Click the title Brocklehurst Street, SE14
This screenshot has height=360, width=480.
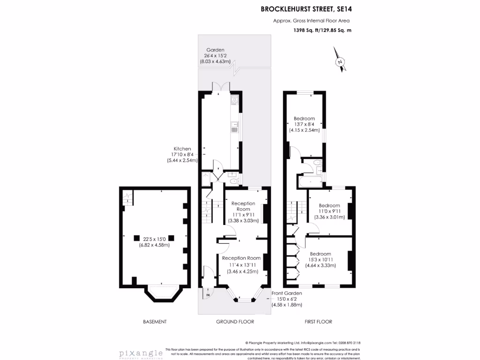(305, 8)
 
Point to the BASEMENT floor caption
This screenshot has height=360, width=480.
(155, 322)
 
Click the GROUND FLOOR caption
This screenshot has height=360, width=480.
(235, 322)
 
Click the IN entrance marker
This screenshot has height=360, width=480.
(208, 295)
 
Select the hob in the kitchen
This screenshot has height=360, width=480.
(234, 100)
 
